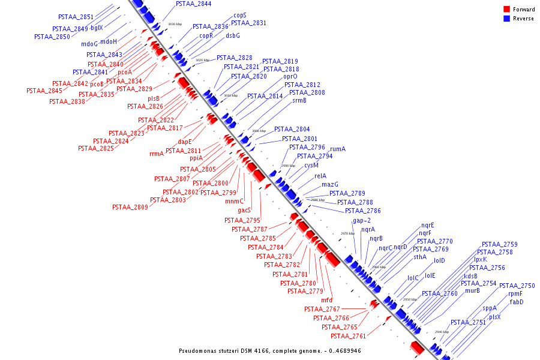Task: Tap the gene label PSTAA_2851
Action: point(76,17)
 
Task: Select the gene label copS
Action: point(239,15)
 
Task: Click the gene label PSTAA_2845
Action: point(44,91)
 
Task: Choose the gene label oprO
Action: point(290,77)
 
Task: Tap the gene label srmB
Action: point(299,100)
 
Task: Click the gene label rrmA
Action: point(157,154)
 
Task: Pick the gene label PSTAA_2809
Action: point(130,207)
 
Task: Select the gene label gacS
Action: point(244,211)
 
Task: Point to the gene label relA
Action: point(320,176)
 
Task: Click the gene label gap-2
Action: point(362,221)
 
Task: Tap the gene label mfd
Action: point(326,300)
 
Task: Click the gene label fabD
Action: point(517,302)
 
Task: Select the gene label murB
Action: point(472,291)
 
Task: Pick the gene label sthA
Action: point(419,257)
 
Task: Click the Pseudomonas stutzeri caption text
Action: point(270,350)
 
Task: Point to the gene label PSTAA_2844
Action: point(193,4)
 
